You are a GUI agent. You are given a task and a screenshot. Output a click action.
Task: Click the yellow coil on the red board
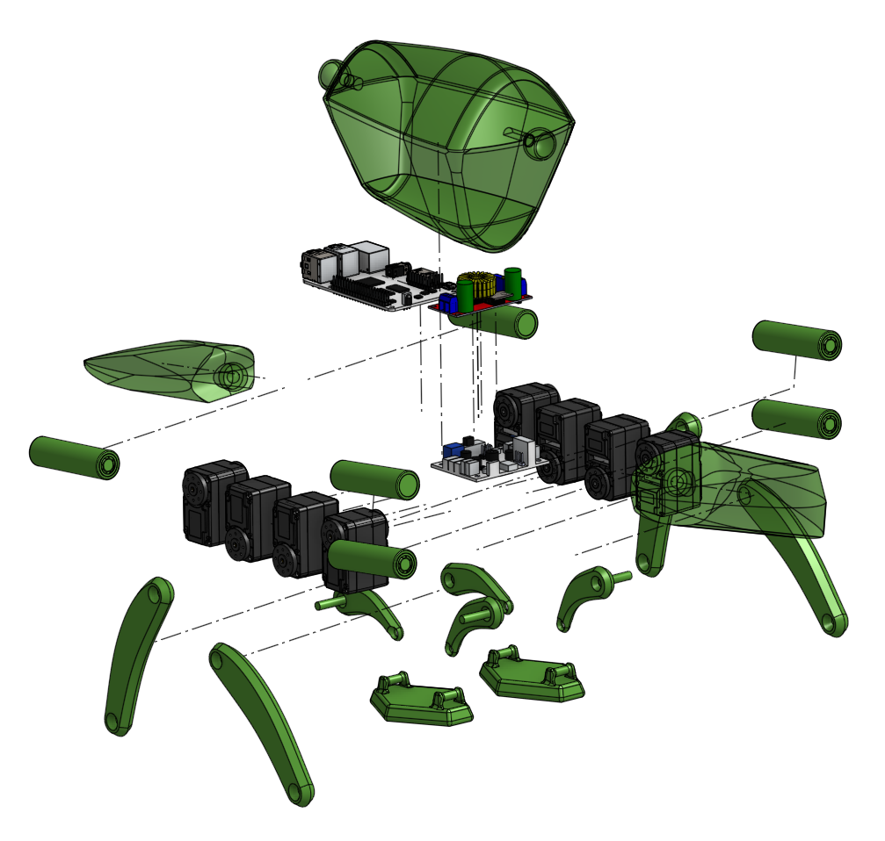(x=476, y=286)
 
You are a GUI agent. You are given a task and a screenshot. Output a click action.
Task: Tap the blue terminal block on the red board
(x=447, y=304)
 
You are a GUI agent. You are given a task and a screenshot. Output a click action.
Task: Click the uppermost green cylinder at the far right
(x=797, y=341)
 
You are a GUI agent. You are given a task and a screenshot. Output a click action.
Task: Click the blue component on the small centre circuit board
(x=455, y=450)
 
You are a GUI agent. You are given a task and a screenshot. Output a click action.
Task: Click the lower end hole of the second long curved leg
(x=300, y=795)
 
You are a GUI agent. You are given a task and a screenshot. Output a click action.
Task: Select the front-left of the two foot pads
(x=420, y=701)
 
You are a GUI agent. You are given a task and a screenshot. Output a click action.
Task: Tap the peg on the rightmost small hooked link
(x=619, y=577)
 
